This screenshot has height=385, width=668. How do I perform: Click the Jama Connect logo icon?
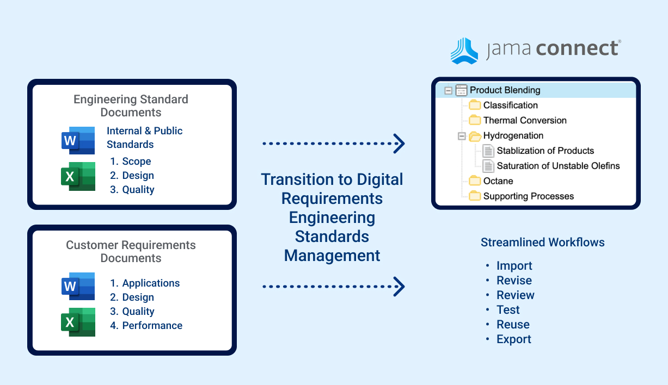[x=464, y=51]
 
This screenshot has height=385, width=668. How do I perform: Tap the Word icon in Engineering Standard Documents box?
[x=78, y=140]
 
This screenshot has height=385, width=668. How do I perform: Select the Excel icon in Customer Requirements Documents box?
[x=78, y=322]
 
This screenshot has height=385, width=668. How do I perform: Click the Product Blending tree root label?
[x=505, y=90]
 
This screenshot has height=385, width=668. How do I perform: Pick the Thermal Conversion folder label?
[x=525, y=121]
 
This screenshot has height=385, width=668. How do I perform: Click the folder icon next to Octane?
[x=475, y=181]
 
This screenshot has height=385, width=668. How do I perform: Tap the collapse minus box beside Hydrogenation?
[x=462, y=136]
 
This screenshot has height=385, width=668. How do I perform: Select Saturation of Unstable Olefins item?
[x=558, y=166]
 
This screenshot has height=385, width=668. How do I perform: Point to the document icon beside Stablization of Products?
[x=488, y=151]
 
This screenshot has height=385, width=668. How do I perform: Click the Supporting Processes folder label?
[x=528, y=196]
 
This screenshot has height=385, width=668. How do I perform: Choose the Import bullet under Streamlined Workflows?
[x=514, y=266]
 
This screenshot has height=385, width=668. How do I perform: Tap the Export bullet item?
[x=513, y=339]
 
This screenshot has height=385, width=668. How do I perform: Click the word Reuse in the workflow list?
[x=513, y=325]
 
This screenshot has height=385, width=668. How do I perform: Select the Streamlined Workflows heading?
[x=542, y=243]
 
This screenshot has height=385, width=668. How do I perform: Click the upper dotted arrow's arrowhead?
[x=399, y=144]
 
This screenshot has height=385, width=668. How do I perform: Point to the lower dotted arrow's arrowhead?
[x=399, y=286]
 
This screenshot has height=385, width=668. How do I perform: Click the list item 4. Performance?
[x=146, y=326]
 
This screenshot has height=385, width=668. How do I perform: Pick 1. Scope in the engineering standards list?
[x=130, y=162]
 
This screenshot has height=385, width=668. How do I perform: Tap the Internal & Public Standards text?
[x=144, y=138]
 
